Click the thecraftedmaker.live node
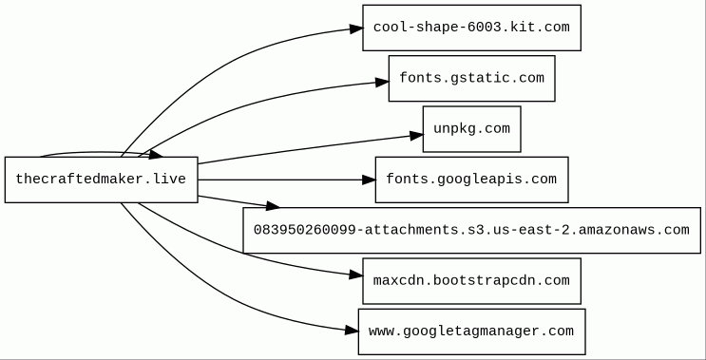(x=102, y=180)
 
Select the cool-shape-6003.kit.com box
(x=472, y=28)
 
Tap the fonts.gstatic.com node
(x=472, y=78)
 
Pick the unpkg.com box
(x=472, y=129)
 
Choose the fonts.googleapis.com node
(x=472, y=180)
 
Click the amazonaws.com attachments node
(x=472, y=231)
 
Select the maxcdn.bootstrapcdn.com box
(x=472, y=281)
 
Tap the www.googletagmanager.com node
(x=472, y=332)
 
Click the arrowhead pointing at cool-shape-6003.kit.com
(x=356, y=28)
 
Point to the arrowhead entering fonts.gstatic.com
(x=382, y=82)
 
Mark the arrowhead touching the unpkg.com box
(x=416, y=135)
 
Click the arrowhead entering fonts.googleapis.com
(x=369, y=180)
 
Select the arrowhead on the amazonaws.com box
(x=273, y=206)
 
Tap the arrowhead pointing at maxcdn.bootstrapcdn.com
(x=356, y=275)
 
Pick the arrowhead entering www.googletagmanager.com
(x=353, y=331)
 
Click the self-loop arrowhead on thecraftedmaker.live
(x=156, y=154)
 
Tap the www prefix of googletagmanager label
(x=381, y=332)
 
